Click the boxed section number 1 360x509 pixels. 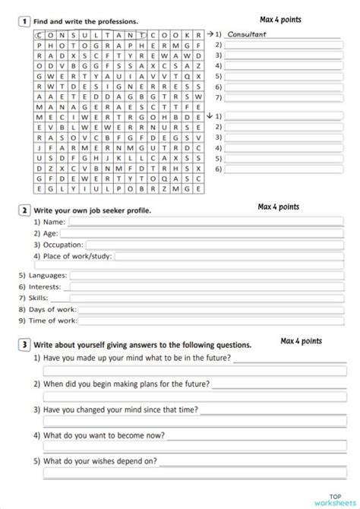coord(24,21)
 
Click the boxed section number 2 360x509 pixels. coord(24,210)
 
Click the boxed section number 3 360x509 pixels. coord(24,344)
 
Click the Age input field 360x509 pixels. coord(205,233)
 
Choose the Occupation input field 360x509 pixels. coord(220,245)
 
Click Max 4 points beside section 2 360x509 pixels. coord(278,207)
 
